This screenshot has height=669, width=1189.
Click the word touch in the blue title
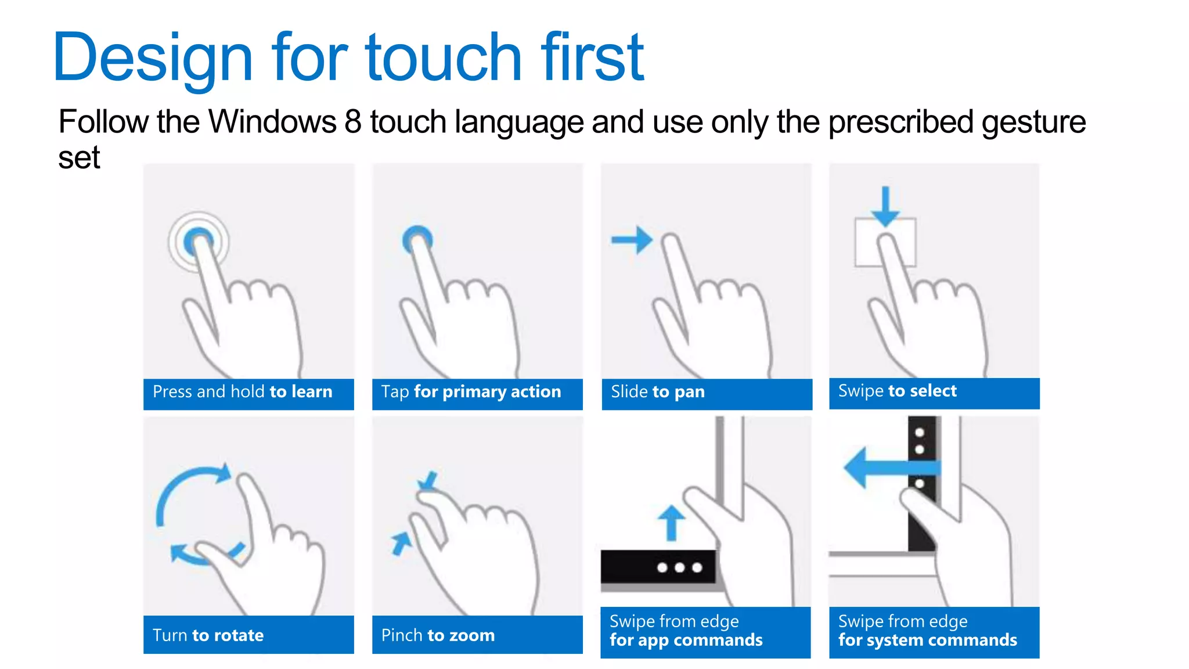point(444,57)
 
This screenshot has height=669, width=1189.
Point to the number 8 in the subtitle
point(352,122)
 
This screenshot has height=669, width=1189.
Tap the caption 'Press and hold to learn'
point(242,392)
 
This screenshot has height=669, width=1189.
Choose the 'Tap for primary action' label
point(471,392)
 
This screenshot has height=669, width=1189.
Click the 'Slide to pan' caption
point(658,392)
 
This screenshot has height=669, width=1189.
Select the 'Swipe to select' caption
point(897,391)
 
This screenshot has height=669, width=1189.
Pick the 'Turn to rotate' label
point(208,635)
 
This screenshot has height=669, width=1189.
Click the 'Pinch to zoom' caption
point(438,635)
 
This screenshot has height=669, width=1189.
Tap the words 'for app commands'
point(686,640)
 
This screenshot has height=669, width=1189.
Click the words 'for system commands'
point(928,640)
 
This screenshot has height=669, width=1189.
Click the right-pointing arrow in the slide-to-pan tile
point(632,240)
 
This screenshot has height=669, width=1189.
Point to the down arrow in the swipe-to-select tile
point(885,206)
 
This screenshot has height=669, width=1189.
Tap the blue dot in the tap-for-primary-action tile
point(417,238)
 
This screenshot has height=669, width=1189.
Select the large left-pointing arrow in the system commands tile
point(891,467)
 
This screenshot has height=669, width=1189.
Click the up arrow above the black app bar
point(672,523)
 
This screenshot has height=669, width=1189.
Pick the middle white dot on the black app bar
point(679,567)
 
